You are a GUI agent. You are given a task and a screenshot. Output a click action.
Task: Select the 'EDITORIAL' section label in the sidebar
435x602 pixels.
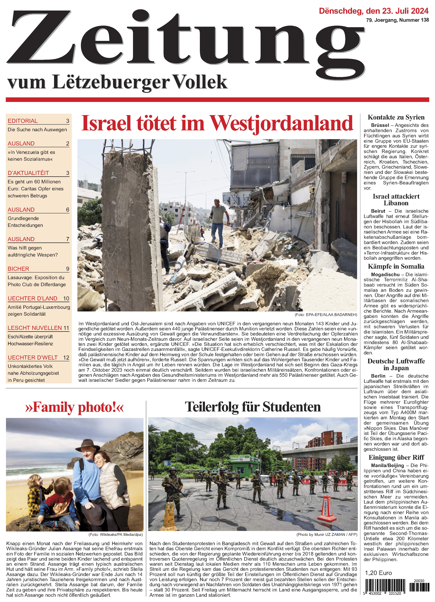click(23, 121)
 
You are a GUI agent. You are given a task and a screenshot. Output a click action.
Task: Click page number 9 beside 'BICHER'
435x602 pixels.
click(67, 269)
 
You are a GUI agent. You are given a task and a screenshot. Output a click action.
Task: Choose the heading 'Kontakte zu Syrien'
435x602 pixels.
click(396, 117)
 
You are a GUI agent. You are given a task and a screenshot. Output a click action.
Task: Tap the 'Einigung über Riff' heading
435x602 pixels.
click(396, 457)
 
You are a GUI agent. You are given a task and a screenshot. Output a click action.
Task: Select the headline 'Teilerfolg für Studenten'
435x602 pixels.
click(253, 407)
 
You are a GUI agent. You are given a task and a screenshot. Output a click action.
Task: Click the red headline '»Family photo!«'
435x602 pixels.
click(75, 407)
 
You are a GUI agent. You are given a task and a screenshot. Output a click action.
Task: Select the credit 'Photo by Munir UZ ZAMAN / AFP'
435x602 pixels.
click(327, 534)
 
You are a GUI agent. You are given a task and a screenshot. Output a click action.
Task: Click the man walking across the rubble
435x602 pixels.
click(219, 220)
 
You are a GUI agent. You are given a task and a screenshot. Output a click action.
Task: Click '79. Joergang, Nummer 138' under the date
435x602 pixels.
click(397, 20)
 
